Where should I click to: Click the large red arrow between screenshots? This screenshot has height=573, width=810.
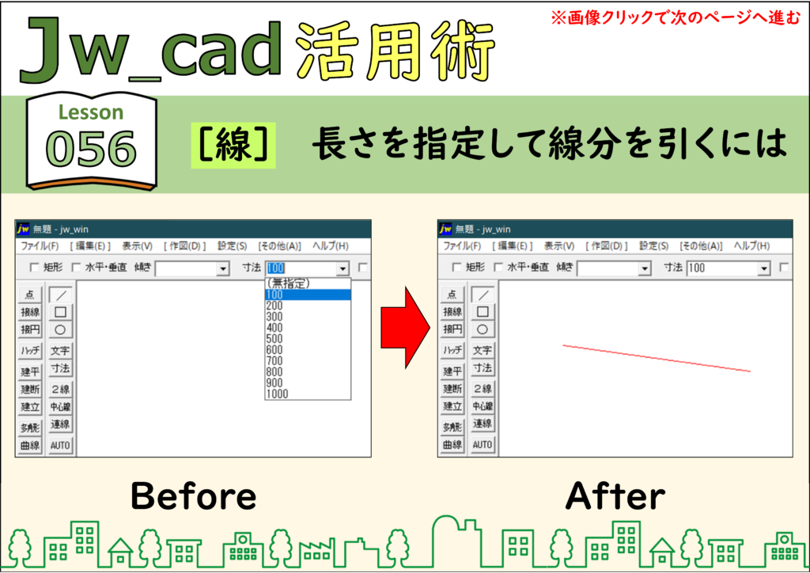tap(405, 328)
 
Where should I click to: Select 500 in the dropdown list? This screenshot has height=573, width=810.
tap(274, 339)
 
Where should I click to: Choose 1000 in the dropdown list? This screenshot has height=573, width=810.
tap(277, 394)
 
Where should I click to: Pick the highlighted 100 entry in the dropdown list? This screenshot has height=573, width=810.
tap(308, 294)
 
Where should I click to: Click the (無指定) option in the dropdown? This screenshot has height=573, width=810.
tap(288, 283)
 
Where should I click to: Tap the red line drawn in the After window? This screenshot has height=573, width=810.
tap(657, 358)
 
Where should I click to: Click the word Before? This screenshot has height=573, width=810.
tap(194, 495)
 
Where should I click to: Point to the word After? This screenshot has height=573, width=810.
tap(615, 495)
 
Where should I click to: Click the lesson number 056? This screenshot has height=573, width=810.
tap(91, 149)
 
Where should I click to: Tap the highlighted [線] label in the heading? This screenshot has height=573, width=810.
tap(233, 145)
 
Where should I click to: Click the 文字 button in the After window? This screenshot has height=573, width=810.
tap(483, 350)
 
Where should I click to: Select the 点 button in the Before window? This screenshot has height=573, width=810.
tap(30, 294)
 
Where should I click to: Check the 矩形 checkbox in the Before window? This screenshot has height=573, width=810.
tap(35, 268)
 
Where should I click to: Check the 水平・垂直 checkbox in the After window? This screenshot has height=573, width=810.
tap(498, 268)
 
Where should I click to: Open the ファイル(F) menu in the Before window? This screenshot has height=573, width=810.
tap(40, 246)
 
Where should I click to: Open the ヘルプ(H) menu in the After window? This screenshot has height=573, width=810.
tap(752, 246)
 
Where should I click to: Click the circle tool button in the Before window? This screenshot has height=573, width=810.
tap(60, 330)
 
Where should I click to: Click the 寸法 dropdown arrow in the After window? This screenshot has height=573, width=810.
tap(764, 268)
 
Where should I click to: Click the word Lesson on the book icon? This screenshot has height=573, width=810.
tap(91, 112)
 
